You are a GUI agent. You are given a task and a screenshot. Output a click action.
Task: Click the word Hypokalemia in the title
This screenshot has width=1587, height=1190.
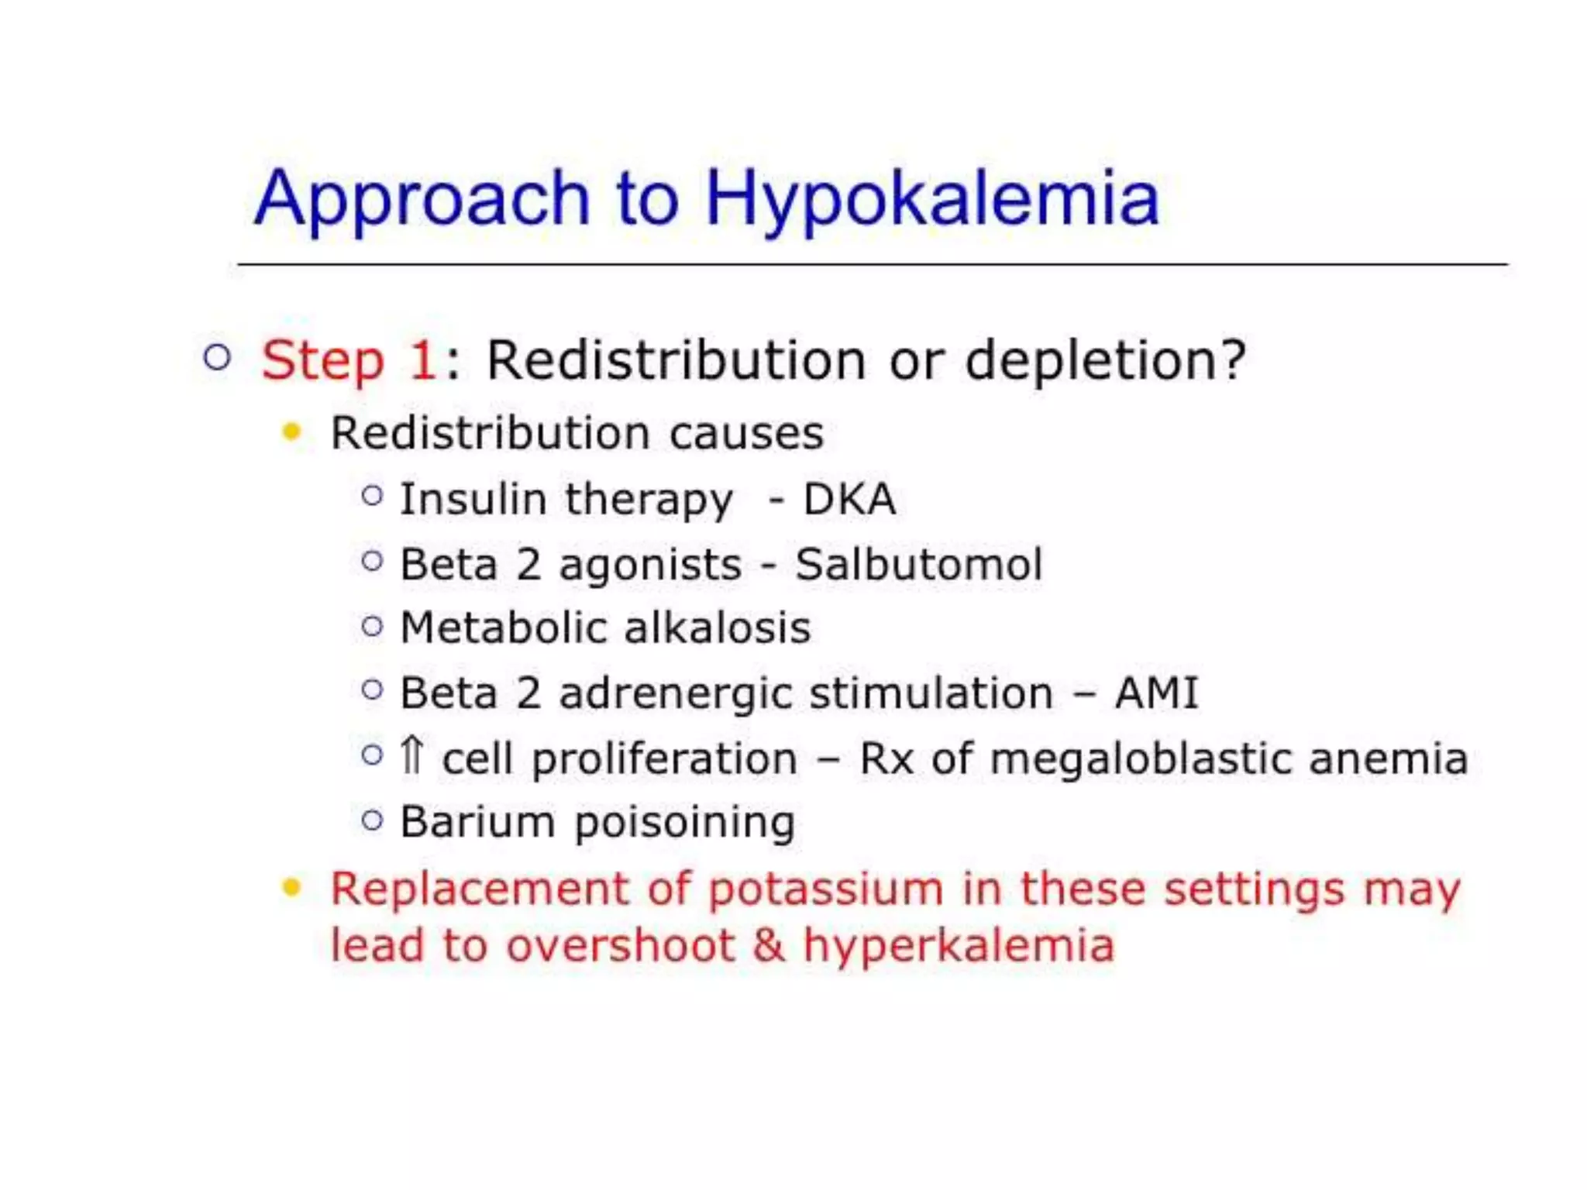tap(931, 199)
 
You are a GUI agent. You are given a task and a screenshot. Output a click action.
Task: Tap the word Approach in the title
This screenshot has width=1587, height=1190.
tap(422, 199)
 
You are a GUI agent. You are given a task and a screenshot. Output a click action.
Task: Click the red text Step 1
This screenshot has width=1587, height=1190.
tap(349, 361)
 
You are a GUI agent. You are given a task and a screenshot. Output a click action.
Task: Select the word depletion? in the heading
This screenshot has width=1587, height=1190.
tap(1106, 361)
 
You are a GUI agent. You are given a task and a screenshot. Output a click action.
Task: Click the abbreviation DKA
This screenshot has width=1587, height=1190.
tap(849, 499)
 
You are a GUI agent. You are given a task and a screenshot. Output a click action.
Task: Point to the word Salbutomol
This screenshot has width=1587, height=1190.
tap(918, 564)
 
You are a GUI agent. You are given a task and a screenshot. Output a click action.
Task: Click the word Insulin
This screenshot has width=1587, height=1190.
tap(473, 499)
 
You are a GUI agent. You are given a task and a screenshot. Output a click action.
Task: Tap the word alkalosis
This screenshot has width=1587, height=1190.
tap(717, 628)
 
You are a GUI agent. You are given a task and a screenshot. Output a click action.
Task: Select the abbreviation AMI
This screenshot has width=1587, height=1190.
tap(1156, 693)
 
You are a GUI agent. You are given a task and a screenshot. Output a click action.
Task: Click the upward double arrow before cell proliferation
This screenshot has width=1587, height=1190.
tap(411, 755)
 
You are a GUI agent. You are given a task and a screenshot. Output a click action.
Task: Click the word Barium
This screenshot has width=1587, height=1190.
tap(477, 821)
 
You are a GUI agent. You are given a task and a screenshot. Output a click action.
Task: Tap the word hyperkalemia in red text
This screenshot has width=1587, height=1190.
tap(959, 946)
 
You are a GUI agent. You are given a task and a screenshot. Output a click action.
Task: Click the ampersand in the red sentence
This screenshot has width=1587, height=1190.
tap(768, 945)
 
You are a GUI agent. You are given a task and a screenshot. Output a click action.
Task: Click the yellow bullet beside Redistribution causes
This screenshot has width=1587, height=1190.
tap(291, 432)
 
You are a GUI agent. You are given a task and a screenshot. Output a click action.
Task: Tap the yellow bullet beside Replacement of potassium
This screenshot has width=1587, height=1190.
tap(291, 887)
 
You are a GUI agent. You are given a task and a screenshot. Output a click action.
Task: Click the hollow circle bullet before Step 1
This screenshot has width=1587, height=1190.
tap(217, 357)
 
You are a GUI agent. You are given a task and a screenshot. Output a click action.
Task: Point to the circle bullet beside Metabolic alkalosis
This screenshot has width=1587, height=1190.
tap(372, 626)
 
